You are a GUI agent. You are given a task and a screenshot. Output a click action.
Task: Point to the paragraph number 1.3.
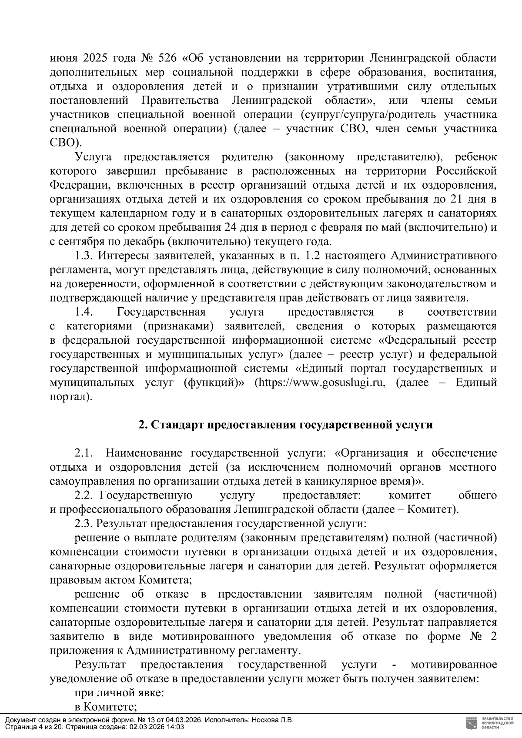(84, 256)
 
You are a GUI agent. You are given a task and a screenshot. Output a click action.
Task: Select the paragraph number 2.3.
(84, 524)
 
